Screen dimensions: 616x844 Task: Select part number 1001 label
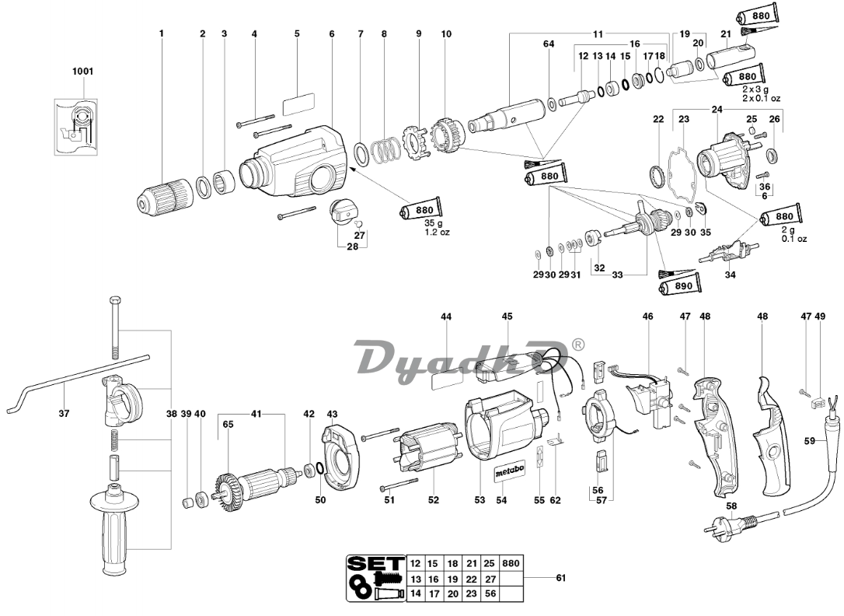[82, 72]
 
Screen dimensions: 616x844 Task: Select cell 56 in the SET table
[490, 593]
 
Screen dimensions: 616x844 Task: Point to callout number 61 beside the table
[560, 578]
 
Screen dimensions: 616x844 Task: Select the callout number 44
[446, 317]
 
